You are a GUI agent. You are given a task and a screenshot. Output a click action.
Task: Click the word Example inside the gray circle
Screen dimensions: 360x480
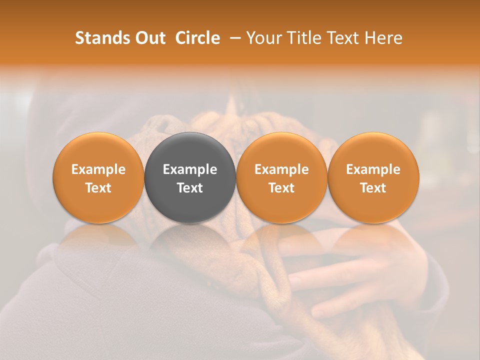pos(190,169)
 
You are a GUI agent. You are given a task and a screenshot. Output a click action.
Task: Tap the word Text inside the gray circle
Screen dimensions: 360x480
pos(190,188)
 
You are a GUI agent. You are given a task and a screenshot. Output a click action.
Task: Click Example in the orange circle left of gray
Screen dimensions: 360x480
pos(98,169)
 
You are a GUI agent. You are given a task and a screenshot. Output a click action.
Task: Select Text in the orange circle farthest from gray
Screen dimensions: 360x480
pos(373,188)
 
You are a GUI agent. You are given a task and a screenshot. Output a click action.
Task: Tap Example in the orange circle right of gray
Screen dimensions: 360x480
pos(281,169)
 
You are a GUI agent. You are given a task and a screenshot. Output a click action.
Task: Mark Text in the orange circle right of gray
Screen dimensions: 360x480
pos(281,188)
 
